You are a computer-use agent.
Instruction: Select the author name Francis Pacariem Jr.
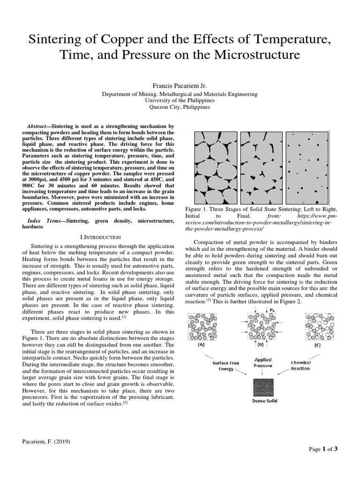180,85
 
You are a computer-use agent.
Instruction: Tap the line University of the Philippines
180,100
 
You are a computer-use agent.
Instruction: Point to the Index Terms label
45,220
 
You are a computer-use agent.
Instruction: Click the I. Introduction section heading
101,238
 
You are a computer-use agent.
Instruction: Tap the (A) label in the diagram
202,345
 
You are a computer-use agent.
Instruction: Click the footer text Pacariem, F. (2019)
46,442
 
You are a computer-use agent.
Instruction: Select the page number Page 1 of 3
323,449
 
